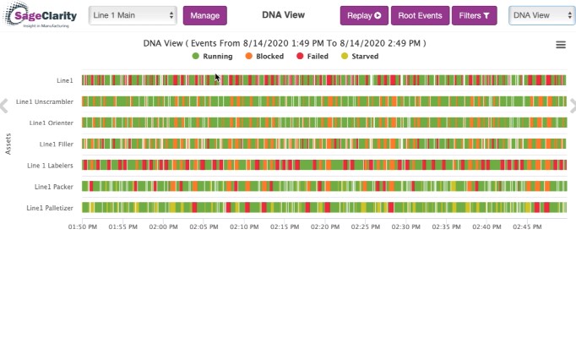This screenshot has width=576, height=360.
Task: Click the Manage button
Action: coord(205,15)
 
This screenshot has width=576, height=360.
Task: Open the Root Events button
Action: coord(420,15)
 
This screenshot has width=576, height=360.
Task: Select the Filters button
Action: coord(475,15)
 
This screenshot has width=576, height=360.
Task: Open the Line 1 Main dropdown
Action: coord(133,15)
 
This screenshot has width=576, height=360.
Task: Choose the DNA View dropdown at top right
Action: coord(542,15)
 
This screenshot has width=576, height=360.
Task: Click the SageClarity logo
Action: coord(40,15)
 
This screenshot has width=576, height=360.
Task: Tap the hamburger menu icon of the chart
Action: coord(561,45)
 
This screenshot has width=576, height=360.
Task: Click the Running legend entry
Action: coord(212,57)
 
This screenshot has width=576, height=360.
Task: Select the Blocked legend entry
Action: coord(264,57)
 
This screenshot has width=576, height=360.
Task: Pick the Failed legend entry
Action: coord(312,57)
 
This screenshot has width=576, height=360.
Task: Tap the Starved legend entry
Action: coord(360,57)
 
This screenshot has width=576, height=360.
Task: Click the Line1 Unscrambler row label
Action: coord(45,102)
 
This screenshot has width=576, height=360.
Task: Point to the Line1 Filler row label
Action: coord(57,145)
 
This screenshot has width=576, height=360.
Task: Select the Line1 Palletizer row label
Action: coord(50,208)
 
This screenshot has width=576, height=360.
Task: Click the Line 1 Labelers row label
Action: coord(50,166)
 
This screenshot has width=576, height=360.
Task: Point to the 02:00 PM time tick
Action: coord(163,226)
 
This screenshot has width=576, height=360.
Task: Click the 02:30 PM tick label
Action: coord(405,226)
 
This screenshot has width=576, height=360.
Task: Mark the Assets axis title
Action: coord(8,144)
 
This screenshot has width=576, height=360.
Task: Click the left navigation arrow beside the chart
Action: coord(4,106)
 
